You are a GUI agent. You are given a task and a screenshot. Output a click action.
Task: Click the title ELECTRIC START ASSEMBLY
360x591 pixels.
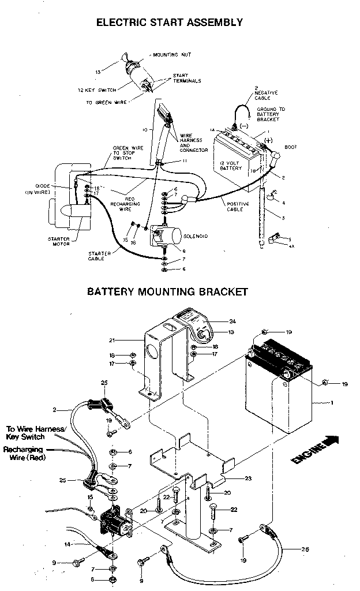(169, 23)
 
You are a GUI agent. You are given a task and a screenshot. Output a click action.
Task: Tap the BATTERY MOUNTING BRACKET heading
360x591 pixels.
(167, 291)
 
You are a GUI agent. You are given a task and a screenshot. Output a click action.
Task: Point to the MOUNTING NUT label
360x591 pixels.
(172, 55)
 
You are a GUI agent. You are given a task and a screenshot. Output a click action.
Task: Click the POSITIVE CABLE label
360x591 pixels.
(236, 206)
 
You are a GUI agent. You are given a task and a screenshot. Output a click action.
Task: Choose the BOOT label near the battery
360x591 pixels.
(291, 147)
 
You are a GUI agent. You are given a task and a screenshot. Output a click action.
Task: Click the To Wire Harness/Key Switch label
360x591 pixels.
(36, 433)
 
